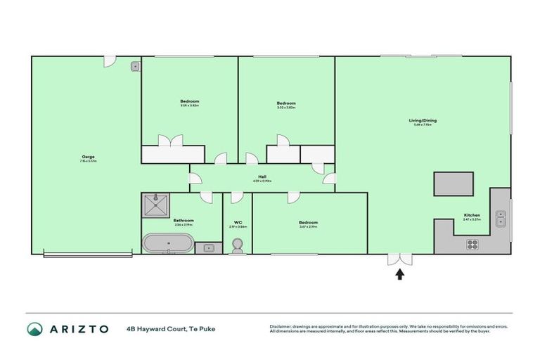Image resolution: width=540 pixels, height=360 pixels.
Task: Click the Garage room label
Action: point(88,156)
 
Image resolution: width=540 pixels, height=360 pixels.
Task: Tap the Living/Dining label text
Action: point(423,120)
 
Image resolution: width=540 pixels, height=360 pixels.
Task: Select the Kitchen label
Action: point(471,215)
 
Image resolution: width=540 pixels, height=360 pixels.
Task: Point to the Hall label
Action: point(262,176)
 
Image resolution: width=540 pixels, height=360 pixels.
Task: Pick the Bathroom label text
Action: point(184,220)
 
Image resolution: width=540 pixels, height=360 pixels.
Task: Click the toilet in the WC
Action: point(238,245)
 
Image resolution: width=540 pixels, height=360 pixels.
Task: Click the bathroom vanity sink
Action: point(208,247)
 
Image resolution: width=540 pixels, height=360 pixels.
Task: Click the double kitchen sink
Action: point(500,218)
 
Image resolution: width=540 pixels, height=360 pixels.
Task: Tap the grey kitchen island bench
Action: point(454,184)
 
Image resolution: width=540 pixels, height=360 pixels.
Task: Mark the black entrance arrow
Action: point(401,274)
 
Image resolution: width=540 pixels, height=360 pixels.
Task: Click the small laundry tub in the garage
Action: point(135,67)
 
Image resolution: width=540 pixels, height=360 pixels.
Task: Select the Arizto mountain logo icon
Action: point(35,329)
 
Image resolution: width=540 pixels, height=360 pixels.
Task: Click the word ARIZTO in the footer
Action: point(78,329)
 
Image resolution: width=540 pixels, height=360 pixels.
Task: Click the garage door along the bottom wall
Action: point(88,255)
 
